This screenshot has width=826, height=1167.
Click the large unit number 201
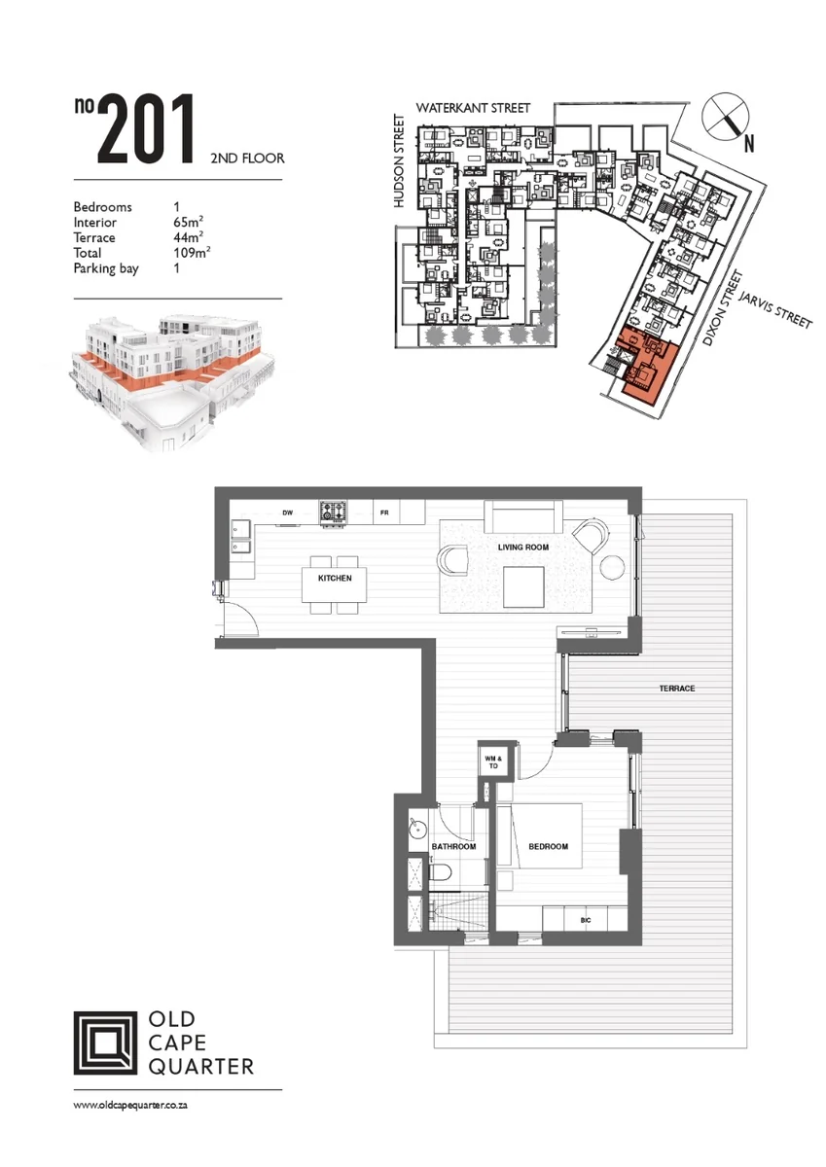tap(146, 129)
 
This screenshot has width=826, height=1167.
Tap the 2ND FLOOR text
tap(247, 159)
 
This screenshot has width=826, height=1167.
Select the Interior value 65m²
tap(189, 223)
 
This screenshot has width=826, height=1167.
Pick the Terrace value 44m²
tap(189, 237)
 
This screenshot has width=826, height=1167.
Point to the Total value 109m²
tap(192, 253)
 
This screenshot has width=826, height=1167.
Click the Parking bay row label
tap(106, 268)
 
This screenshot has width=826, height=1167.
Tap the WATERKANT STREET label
tap(473, 108)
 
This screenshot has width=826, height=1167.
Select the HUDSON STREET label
tap(400, 161)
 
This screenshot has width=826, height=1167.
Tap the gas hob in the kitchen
tap(334, 513)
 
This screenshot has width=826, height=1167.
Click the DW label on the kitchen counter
tap(288, 513)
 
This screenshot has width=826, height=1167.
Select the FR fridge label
tap(384, 513)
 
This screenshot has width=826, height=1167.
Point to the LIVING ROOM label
tap(523, 547)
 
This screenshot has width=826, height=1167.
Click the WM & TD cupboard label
tap(493, 762)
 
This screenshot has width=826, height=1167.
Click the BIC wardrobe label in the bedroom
tap(586, 921)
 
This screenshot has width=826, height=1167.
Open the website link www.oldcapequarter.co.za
tap(130, 1106)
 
